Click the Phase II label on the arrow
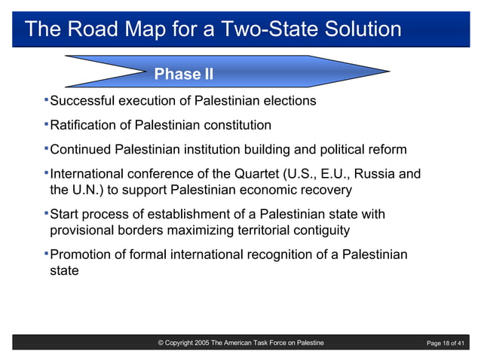(x=183, y=74)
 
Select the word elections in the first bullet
(x=289, y=101)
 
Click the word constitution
(x=236, y=125)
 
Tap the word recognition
(x=277, y=255)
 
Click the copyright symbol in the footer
(x=161, y=343)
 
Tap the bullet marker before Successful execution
(x=45, y=99)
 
